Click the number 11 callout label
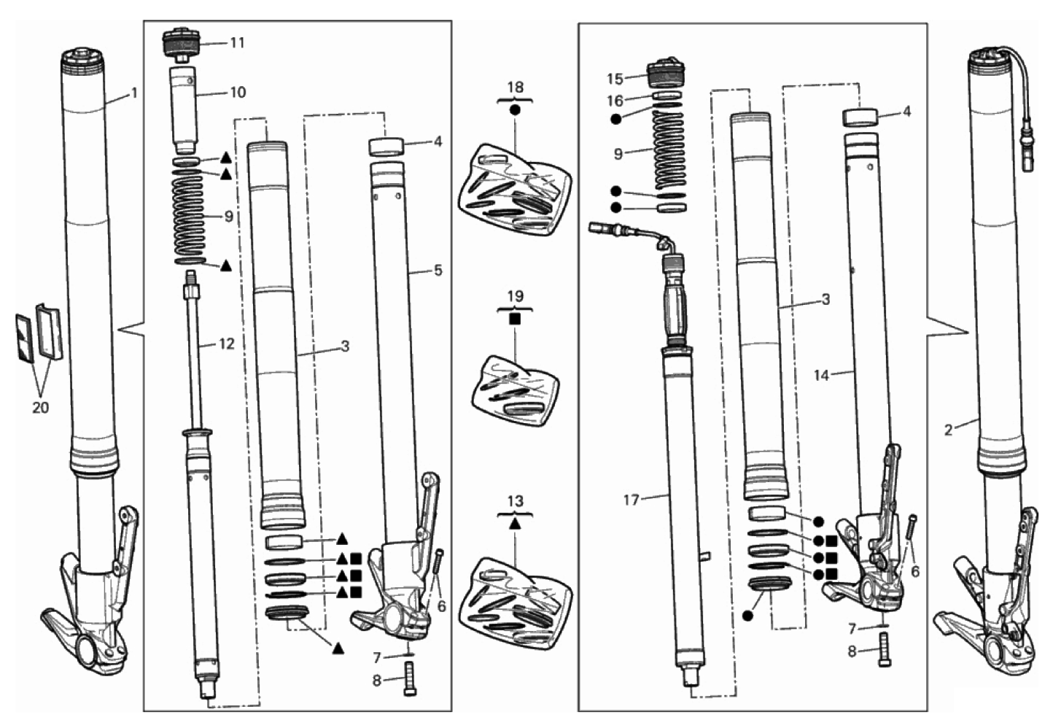pyautogui.click(x=238, y=43)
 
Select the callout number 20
pyautogui.click(x=40, y=407)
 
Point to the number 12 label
pyautogui.click(x=227, y=344)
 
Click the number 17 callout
pyautogui.click(x=632, y=500)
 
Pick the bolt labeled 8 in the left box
pyautogui.click(x=410, y=678)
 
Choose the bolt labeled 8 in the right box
pyautogui.click(x=885, y=649)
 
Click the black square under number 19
pyautogui.click(x=516, y=319)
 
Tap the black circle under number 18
pyautogui.click(x=516, y=110)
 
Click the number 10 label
pyautogui.click(x=238, y=92)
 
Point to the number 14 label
pyautogui.click(x=821, y=375)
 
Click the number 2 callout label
pyautogui.click(x=948, y=430)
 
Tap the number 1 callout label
pyautogui.click(x=134, y=93)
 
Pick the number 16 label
pyautogui.click(x=615, y=101)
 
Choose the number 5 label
pyautogui.click(x=438, y=271)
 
